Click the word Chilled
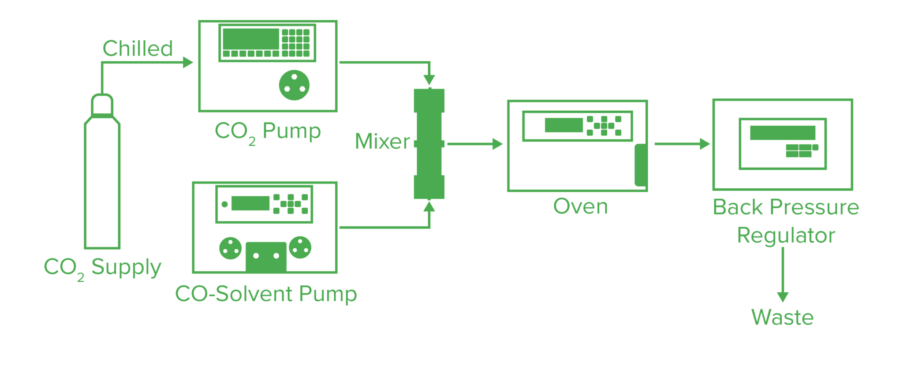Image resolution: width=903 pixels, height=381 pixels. (138, 49)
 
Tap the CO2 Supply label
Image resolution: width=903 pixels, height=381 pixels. (102, 267)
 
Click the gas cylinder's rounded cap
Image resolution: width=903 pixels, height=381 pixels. (102, 105)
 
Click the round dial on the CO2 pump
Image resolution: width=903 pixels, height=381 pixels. (294, 85)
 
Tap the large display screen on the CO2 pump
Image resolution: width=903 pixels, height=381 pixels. (251, 39)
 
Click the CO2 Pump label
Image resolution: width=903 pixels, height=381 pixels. (268, 131)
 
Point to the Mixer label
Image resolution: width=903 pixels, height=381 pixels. (382, 142)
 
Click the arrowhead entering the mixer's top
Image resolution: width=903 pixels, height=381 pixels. (429, 80)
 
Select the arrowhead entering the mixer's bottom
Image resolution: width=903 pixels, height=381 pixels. (429, 207)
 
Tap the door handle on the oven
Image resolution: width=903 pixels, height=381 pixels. (641, 165)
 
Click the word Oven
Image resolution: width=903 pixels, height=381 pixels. (580, 206)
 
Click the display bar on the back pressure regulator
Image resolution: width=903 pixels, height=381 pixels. (782, 133)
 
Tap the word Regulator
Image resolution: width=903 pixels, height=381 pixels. (786, 235)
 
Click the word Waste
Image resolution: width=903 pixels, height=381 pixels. (782, 317)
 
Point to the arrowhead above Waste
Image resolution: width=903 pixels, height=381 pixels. (783, 297)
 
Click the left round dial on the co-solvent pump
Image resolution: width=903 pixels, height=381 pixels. (230, 248)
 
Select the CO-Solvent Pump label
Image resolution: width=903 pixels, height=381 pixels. (266, 294)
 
